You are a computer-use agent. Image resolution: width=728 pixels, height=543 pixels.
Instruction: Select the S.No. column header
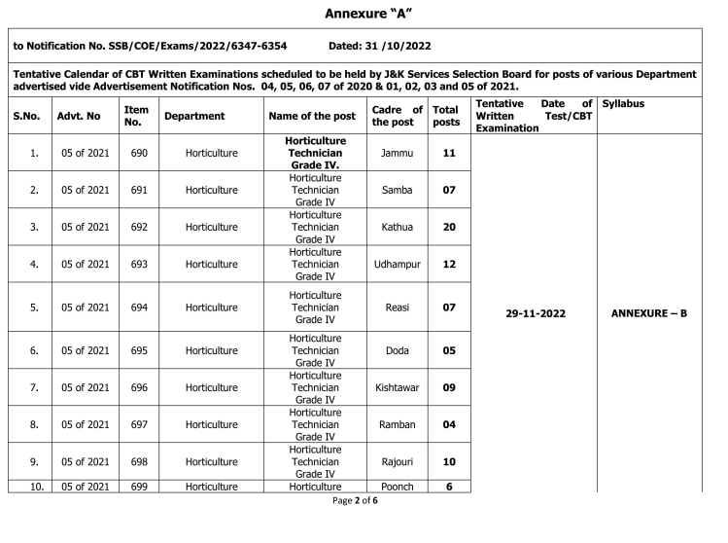[26, 116]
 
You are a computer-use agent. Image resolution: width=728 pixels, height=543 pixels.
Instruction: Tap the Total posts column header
[446, 116]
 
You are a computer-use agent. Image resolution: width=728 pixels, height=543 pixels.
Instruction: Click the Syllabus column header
[623, 103]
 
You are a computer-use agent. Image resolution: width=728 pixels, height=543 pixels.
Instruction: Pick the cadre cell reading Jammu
[398, 153]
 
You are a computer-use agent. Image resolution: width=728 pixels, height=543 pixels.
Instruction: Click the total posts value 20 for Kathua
[448, 227]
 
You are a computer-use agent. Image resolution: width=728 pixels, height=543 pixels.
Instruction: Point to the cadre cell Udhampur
[398, 264]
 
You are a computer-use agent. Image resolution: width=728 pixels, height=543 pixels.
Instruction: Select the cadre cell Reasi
[398, 308]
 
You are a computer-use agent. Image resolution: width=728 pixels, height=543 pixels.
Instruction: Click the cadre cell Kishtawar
[398, 387]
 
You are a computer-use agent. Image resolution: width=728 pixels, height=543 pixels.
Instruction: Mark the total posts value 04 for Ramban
[448, 424]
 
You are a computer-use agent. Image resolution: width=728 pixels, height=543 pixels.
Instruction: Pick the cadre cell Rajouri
[398, 461]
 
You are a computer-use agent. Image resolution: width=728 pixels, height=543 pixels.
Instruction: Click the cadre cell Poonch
[398, 487]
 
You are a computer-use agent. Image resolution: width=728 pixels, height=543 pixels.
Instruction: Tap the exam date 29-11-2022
[536, 314]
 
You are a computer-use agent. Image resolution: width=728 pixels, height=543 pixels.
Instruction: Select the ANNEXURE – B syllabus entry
[648, 314]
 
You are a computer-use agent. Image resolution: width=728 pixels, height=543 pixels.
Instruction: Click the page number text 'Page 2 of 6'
[355, 500]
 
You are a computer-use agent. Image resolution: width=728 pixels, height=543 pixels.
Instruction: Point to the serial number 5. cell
[34, 308]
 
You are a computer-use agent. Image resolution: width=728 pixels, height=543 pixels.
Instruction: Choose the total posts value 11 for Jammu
[448, 153]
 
